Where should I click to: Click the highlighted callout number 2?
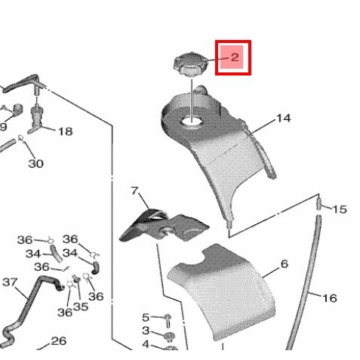tap(235, 57)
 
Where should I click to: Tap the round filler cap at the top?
tap(190, 64)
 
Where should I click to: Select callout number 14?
tap(284, 118)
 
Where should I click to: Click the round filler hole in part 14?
tap(192, 122)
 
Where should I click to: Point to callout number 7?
tap(135, 191)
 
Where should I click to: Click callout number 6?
tap(284, 264)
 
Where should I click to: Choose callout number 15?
tap(340, 209)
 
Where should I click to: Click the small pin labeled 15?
tap(318, 204)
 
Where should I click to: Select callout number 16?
tap(330, 298)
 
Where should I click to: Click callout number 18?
tap(66, 131)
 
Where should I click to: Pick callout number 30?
tap(35, 164)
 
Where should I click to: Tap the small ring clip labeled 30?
tap(21, 137)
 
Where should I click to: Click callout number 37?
tap(10, 282)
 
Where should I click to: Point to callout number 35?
tap(81, 306)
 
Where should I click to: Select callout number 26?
tap(59, 341)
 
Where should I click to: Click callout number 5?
tap(146, 318)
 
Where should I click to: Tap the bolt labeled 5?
tap(168, 321)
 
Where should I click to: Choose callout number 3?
tap(146, 331)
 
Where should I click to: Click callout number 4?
tap(146, 344)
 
